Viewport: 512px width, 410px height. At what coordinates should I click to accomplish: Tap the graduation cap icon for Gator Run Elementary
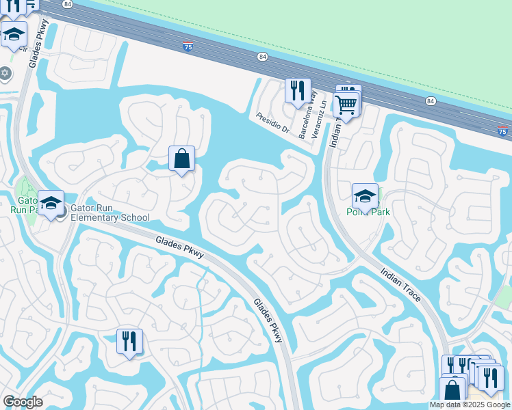pos(51,203)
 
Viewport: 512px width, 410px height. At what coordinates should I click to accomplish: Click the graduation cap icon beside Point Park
pos(365,195)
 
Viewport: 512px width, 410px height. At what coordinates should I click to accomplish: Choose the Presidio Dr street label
pos(273,124)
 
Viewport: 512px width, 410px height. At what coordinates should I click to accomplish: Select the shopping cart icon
pos(346,105)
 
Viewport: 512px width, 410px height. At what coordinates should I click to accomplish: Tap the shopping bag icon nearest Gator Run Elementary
pos(181,159)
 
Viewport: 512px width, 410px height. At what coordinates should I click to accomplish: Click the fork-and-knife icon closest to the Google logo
pos(129,340)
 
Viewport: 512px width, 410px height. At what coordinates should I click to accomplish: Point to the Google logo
pos(22,402)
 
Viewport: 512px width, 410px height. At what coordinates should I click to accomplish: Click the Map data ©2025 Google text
pos(470,405)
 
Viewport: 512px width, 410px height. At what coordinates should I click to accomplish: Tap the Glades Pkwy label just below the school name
pos(180,247)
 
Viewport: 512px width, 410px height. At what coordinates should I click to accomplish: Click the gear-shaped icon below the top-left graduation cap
pos(5,73)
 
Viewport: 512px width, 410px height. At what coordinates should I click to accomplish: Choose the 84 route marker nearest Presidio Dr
pos(262,57)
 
